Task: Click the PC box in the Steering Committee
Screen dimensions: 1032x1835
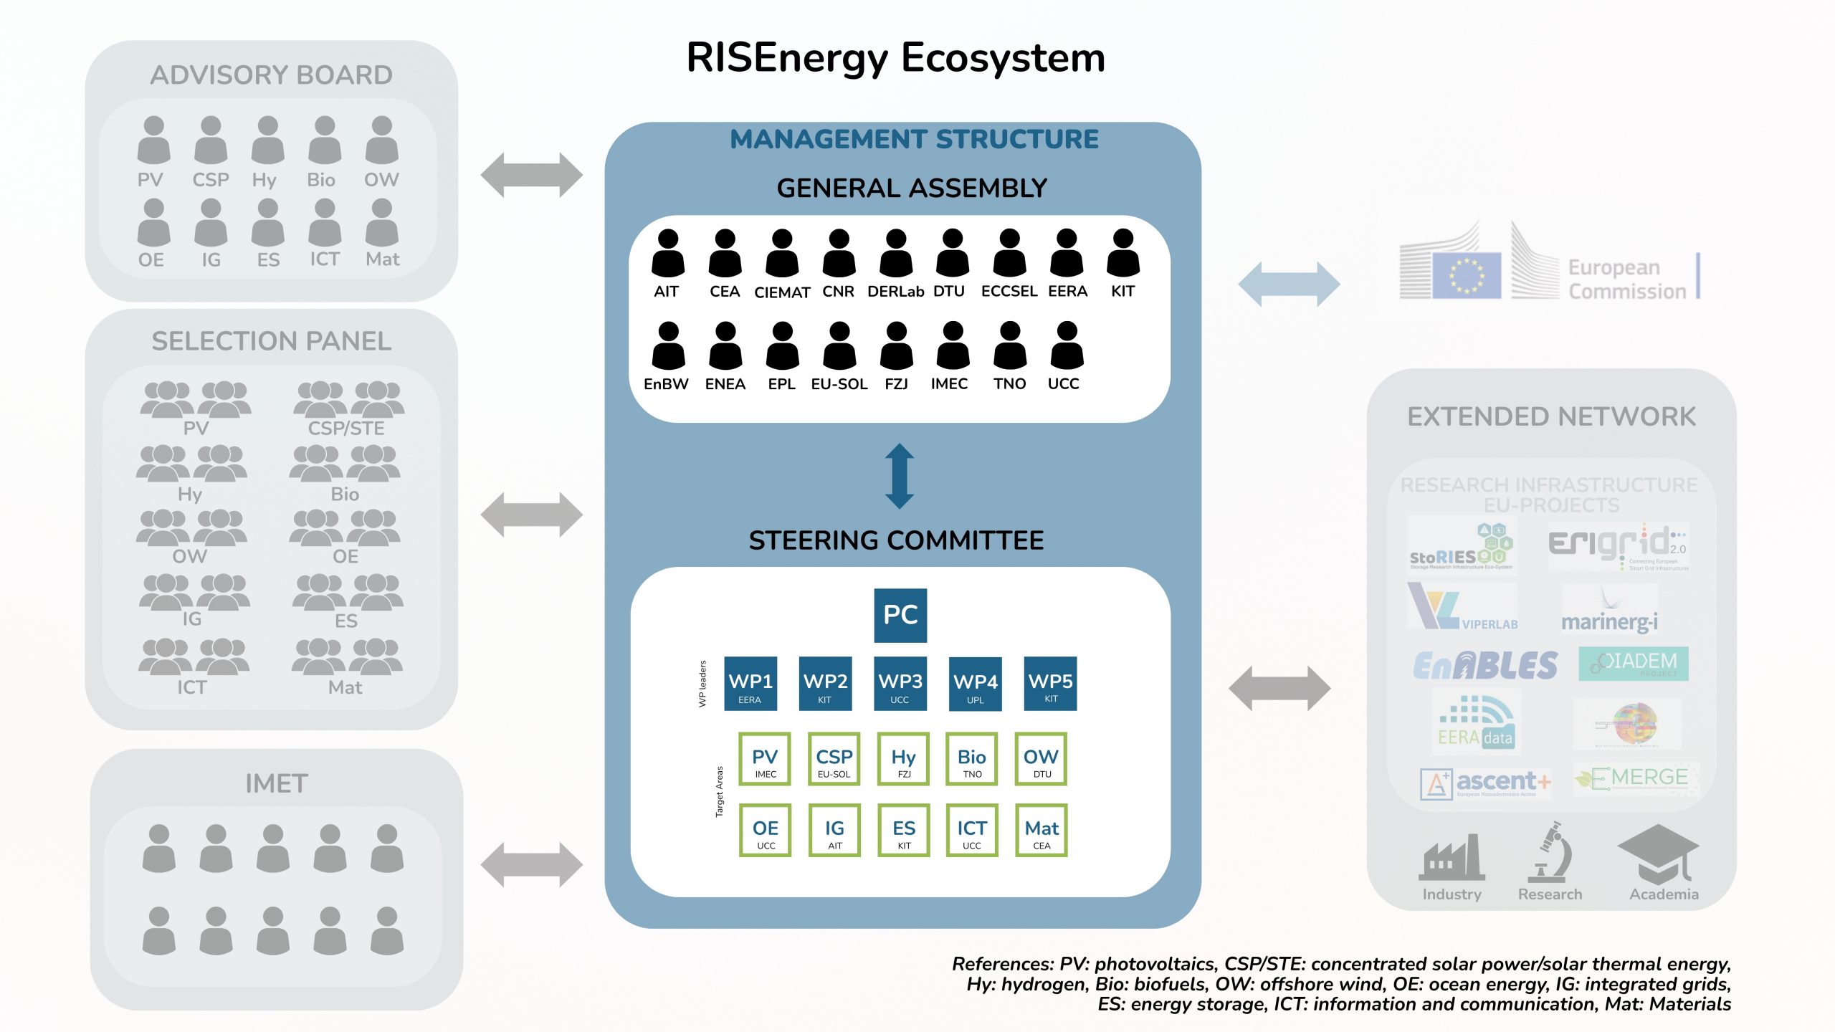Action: click(900, 615)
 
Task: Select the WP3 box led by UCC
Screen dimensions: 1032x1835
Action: click(900, 683)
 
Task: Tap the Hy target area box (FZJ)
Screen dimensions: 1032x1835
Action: click(903, 759)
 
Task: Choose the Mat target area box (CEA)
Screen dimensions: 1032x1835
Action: click(1042, 830)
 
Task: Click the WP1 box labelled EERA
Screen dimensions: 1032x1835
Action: click(750, 683)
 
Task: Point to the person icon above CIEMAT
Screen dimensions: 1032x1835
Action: click(782, 254)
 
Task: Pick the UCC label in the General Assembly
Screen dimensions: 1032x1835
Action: click(1063, 384)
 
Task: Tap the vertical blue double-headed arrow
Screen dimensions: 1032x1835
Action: click(900, 477)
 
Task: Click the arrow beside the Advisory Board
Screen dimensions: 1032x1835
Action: click(531, 175)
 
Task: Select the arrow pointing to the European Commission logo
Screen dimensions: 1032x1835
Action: click(1288, 284)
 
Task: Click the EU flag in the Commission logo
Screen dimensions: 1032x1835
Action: click(1466, 275)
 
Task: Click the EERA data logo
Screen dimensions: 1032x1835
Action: click(1476, 722)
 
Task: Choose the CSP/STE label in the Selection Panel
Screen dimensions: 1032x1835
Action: click(346, 429)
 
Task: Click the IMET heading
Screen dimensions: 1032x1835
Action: click(277, 783)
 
